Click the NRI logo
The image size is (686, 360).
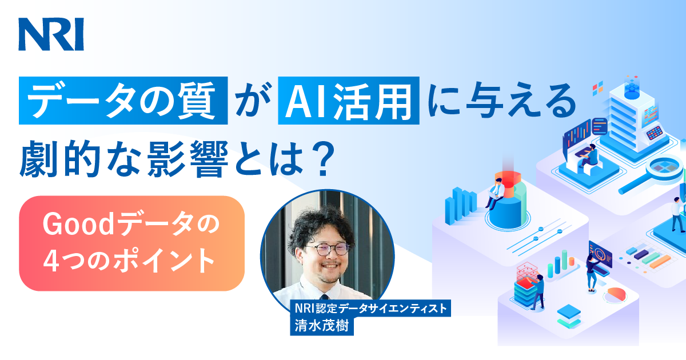click(51, 34)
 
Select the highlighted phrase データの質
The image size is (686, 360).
click(123, 101)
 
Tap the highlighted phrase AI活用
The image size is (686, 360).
click(349, 101)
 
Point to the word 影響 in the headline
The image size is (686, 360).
click(188, 159)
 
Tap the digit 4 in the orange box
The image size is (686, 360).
click(51, 261)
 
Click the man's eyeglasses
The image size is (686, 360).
click(327, 249)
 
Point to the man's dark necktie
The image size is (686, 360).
click(324, 297)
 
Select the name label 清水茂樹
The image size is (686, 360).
click(321, 325)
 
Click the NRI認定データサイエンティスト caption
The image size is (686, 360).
click(370, 308)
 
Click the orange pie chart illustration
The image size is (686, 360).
click(617, 294)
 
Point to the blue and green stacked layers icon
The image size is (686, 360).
click(569, 316)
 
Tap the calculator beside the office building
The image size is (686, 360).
click(655, 133)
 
